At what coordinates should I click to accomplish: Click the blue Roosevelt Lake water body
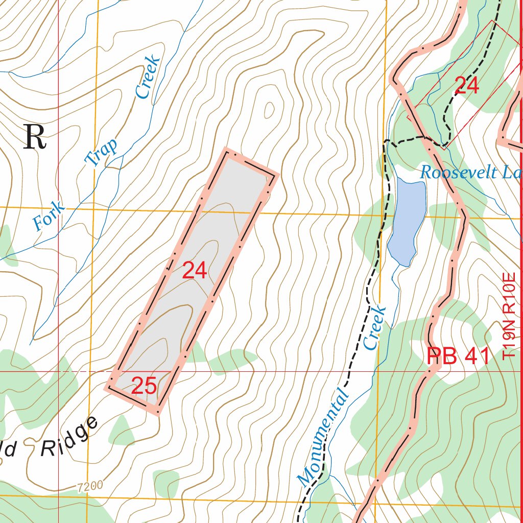pos(407,220)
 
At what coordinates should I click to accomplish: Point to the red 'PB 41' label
pos(458,356)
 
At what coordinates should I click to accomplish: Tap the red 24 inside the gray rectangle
pos(195,271)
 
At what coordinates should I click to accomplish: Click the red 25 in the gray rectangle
pos(144,386)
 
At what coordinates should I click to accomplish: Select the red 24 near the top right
pos(466,85)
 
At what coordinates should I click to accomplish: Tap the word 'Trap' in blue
pos(102,152)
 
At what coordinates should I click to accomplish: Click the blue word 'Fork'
pos(49,216)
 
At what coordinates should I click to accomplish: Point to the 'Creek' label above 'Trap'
pos(148,77)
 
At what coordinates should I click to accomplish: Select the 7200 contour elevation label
pos(90,485)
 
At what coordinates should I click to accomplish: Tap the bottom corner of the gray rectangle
pos(157,412)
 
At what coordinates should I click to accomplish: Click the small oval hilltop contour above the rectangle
pos(269,109)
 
